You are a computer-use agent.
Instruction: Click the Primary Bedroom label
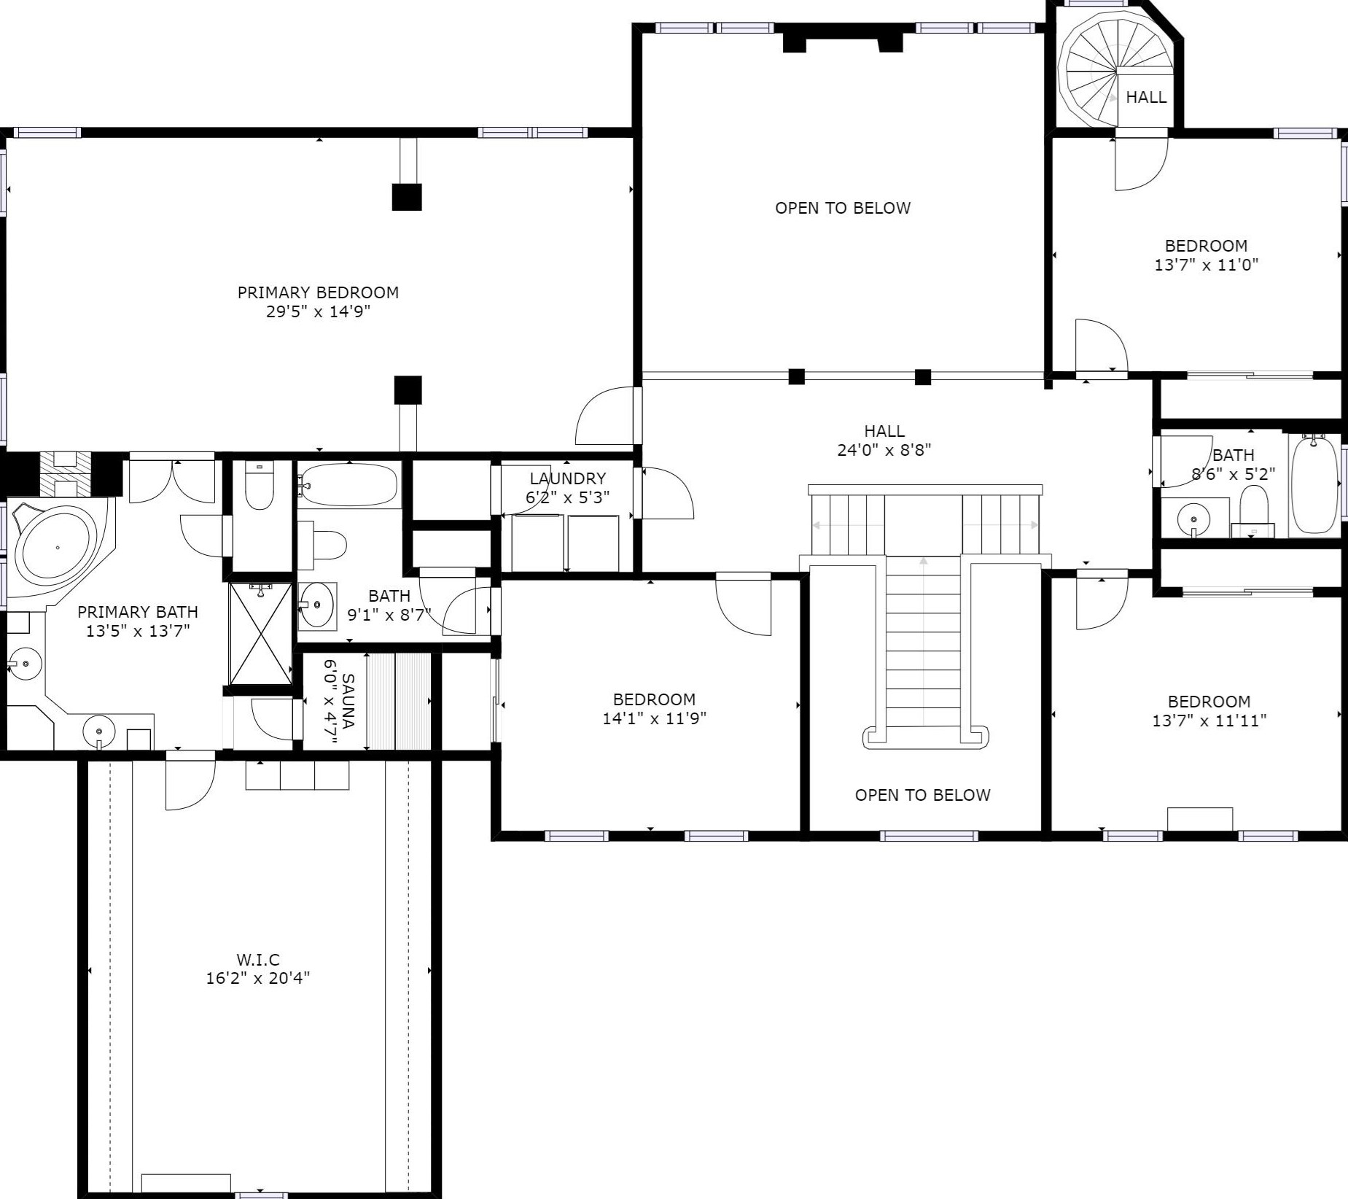[318, 292]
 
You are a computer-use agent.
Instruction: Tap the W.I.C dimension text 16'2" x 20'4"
[258, 978]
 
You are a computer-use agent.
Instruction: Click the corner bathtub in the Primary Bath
[55, 547]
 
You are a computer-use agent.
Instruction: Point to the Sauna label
[348, 701]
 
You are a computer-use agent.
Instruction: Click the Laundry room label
[568, 478]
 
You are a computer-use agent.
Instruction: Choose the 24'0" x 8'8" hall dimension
[884, 450]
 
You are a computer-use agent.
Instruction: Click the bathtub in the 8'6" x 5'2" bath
[1314, 484]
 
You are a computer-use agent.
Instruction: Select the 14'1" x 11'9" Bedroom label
[654, 699]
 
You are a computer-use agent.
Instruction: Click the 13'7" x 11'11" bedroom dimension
[1209, 721]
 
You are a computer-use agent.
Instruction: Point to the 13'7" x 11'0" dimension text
[1207, 265]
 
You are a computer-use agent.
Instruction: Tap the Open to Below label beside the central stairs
[923, 795]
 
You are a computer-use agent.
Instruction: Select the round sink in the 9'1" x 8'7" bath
[317, 605]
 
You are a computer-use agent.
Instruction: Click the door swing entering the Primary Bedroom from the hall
[604, 416]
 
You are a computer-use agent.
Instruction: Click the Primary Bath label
[138, 612]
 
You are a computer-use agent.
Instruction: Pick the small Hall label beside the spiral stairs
[1146, 97]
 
